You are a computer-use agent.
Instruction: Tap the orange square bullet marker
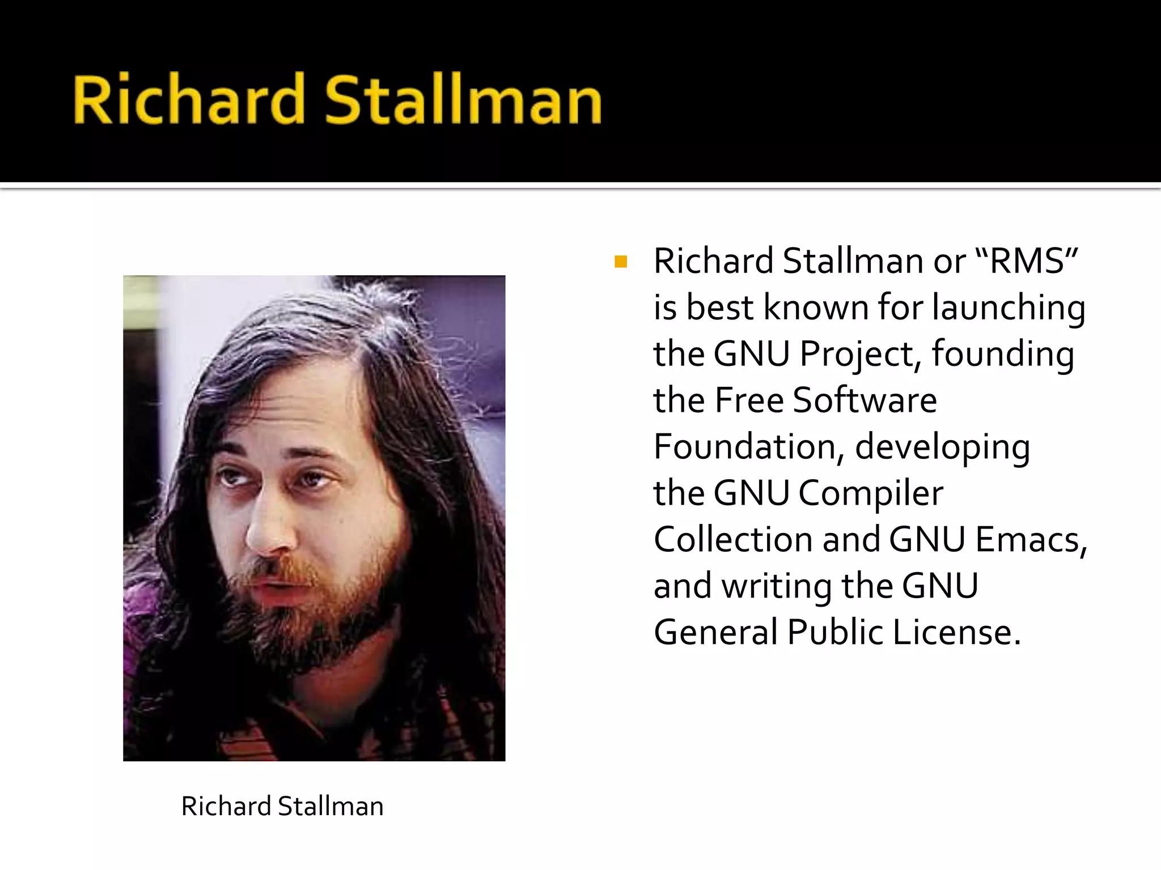621,262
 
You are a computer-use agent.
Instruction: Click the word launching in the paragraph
1009,308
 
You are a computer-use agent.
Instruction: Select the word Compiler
871,493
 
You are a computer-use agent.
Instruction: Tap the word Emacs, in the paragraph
1031,539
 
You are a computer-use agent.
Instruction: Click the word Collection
733,539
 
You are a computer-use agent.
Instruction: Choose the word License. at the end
957,632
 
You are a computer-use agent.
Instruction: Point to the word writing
777,586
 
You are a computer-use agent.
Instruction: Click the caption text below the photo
282,806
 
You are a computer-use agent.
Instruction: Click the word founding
1002,355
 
